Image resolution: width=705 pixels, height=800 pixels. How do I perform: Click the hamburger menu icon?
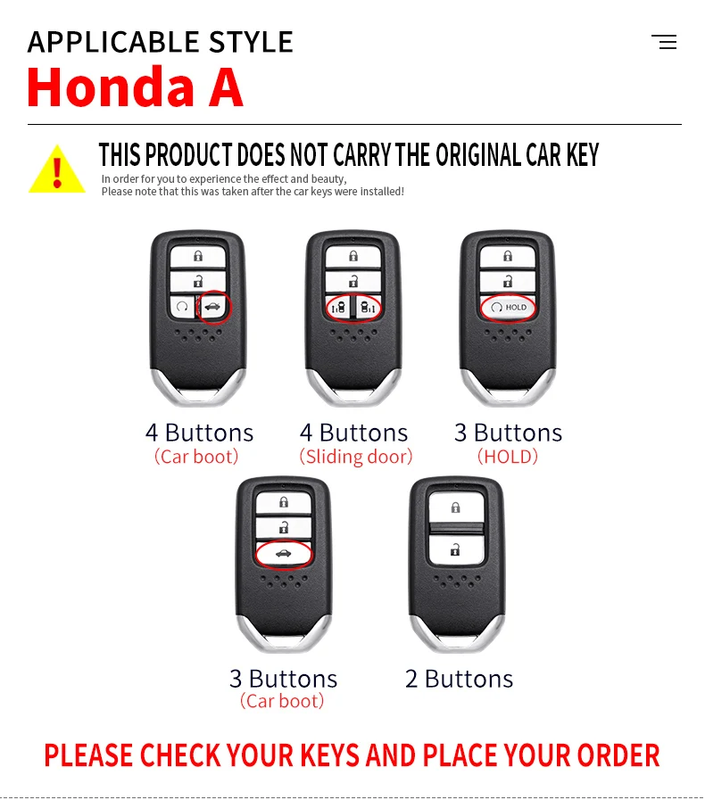[x=664, y=42]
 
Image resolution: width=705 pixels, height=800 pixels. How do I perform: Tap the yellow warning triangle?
[x=57, y=169]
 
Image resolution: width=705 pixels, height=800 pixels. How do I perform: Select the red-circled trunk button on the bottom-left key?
[x=284, y=553]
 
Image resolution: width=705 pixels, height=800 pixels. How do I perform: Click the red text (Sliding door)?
[x=356, y=457]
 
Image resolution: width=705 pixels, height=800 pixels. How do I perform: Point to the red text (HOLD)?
[x=508, y=457]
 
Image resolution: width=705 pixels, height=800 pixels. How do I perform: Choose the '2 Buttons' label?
[x=459, y=679]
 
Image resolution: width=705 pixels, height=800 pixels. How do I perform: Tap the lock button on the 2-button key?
[x=455, y=507]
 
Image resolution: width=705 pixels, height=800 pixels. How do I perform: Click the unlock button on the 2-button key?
[x=455, y=549]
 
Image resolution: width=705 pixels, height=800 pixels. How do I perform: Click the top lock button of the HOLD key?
[x=508, y=256]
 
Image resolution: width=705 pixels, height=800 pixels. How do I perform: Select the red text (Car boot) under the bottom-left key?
[x=282, y=701]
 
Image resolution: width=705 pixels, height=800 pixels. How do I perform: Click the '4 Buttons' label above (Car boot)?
[x=199, y=433]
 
